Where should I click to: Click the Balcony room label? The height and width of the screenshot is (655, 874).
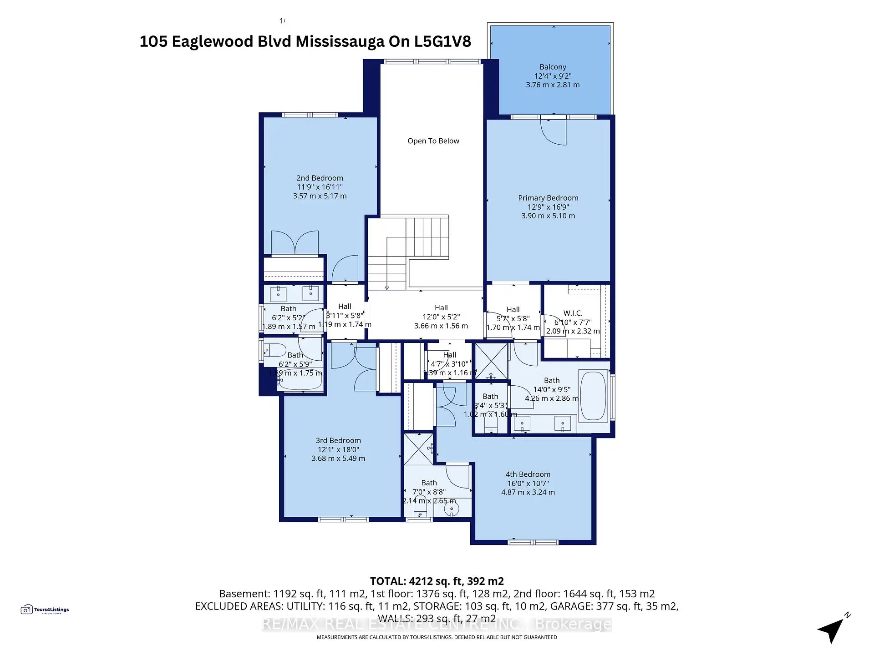(x=553, y=67)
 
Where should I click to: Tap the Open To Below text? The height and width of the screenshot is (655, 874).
(x=433, y=141)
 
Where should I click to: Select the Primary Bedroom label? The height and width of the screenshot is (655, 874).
(x=548, y=198)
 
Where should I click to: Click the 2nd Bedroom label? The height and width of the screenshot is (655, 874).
(x=320, y=178)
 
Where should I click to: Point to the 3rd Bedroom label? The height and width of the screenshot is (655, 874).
(x=338, y=440)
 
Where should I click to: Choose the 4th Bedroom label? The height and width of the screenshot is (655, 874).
(x=528, y=474)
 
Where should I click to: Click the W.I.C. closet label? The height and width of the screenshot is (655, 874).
(x=573, y=313)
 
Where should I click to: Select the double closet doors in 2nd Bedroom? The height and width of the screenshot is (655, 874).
(x=295, y=242)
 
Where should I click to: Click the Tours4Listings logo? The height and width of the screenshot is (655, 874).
(x=45, y=610)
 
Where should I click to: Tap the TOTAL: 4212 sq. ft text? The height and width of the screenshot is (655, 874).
(x=436, y=581)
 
